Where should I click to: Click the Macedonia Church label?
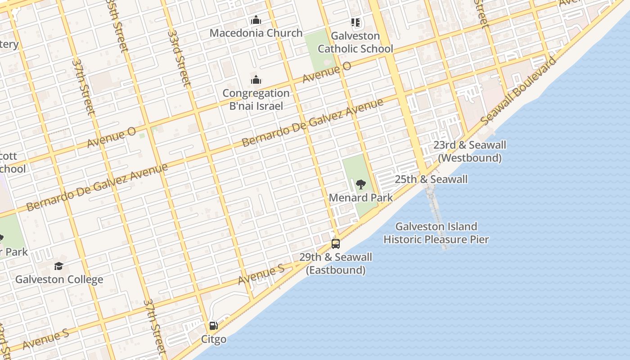256,33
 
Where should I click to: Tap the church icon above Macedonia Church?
256,20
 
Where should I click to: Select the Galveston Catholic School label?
355,42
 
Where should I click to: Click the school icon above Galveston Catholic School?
355,22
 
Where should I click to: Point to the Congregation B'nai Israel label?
256,99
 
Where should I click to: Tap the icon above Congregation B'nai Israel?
256,80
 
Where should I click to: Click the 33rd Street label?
179,58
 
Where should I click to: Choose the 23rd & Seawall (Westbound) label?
469,151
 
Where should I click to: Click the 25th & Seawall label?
431,179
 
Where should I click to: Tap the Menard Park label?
360,198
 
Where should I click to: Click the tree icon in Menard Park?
360,184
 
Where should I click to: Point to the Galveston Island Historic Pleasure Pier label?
436,233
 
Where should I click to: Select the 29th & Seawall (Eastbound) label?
336,263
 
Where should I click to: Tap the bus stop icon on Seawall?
336,244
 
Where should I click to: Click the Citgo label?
213,339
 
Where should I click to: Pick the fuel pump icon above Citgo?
213,326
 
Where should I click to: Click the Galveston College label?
59,279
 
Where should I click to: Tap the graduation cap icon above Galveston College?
59,266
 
